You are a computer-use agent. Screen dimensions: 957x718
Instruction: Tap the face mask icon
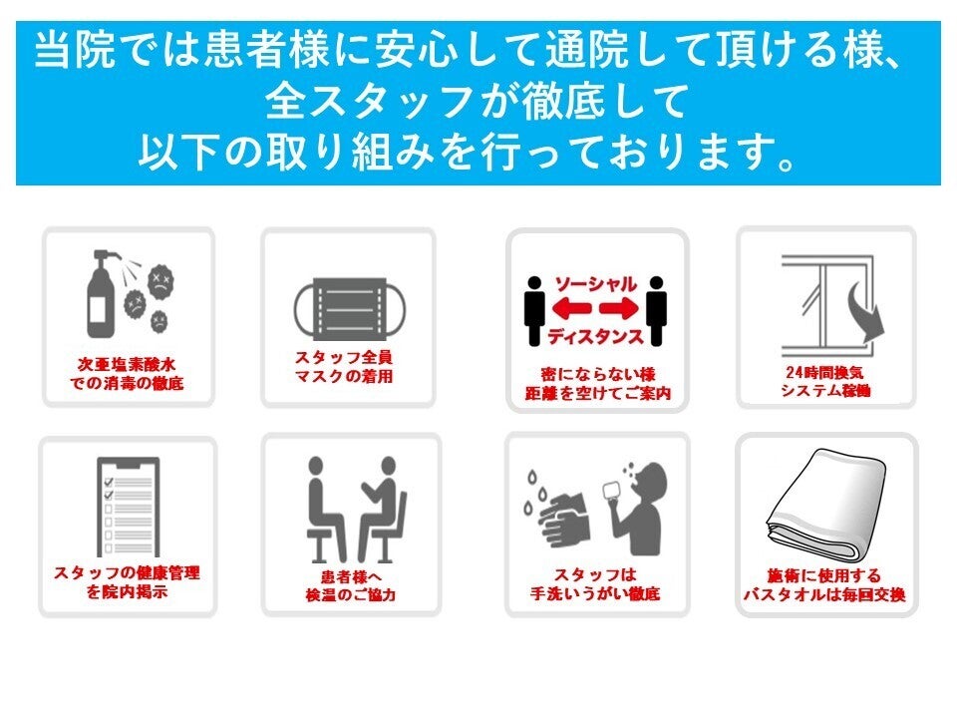tap(349, 309)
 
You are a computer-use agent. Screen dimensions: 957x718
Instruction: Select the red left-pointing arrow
tap(571, 309)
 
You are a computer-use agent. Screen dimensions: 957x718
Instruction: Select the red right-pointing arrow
tap(618, 309)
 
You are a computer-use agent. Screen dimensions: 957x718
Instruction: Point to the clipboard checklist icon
tap(129, 507)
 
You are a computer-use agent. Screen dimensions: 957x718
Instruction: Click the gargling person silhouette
tap(635, 509)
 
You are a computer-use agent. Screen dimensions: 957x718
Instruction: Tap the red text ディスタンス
tap(595, 336)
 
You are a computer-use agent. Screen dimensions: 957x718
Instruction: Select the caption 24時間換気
tap(824, 372)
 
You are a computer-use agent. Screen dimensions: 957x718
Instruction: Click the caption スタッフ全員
tap(344, 357)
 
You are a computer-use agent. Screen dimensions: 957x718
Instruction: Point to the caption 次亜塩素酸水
tap(127, 365)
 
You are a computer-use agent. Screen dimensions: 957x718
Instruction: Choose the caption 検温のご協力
tap(351, 594)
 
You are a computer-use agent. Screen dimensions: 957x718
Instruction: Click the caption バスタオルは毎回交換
tap(824, 594)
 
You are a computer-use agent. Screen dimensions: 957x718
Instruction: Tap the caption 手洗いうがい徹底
tap(595, 593)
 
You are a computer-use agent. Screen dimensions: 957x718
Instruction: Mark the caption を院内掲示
tap(127, 591)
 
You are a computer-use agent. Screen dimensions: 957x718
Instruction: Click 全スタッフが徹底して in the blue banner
tap(478, 101)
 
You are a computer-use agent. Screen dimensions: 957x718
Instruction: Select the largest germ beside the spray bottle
tap(161, 282)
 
